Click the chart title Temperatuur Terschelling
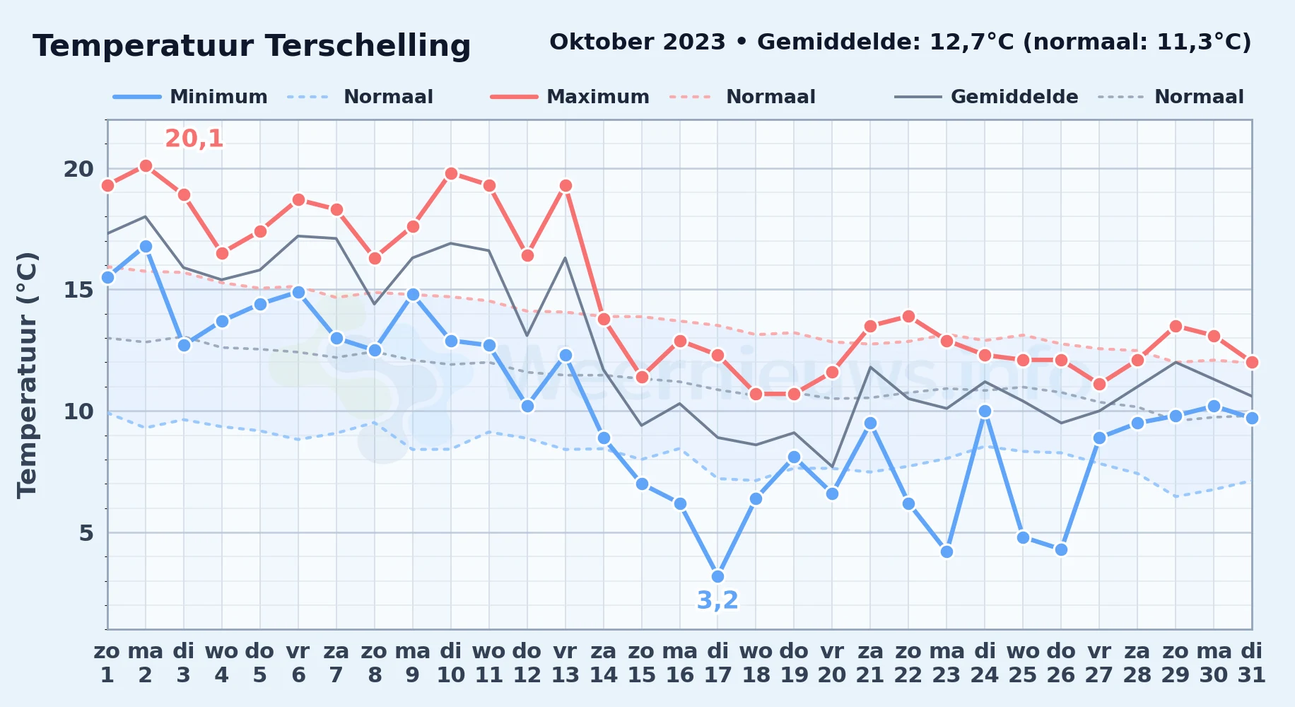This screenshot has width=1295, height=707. click(x=252, y=46)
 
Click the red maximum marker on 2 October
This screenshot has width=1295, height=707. click(x=146, y=166)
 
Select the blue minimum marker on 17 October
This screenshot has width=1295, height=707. click(x=718, y=576)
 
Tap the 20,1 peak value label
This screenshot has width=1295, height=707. click(x=194, y=139)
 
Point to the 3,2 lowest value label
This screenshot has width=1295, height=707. click(x=717, y=600)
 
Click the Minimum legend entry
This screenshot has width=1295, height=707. click(x=190, y=97)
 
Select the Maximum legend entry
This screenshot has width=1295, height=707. click(x=570, y=97)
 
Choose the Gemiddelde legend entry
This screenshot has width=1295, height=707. click(x=987, y=97)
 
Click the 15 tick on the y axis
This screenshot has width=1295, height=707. click(x=78, y=290)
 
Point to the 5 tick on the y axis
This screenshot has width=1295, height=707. click(x=86, y=532)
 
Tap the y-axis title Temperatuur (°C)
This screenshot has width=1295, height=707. click(x=27, y=375)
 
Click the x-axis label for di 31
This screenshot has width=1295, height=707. click(x=1252, y=663)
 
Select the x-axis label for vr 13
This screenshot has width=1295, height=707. click(x=566, y=663)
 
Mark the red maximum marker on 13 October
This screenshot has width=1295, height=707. click(x=566, y=186)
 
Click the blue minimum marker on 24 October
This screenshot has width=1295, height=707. click(x=985, y=411)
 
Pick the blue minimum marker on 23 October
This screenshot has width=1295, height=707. click(x=947, y=551)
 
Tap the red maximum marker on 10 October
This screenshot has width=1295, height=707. click(x=451, y=173)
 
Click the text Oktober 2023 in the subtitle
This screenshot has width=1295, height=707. click(x=638, y=42)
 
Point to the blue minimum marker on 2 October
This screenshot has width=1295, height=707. click(x=146, y=246)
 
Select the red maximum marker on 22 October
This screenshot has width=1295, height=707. click(x=908, y=316)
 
